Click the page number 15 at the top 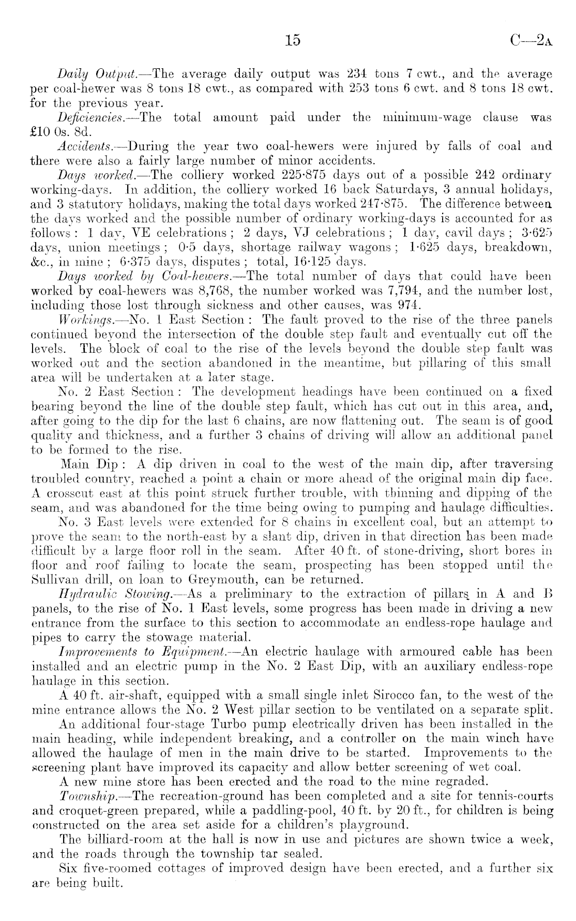(x=292, y=40)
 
